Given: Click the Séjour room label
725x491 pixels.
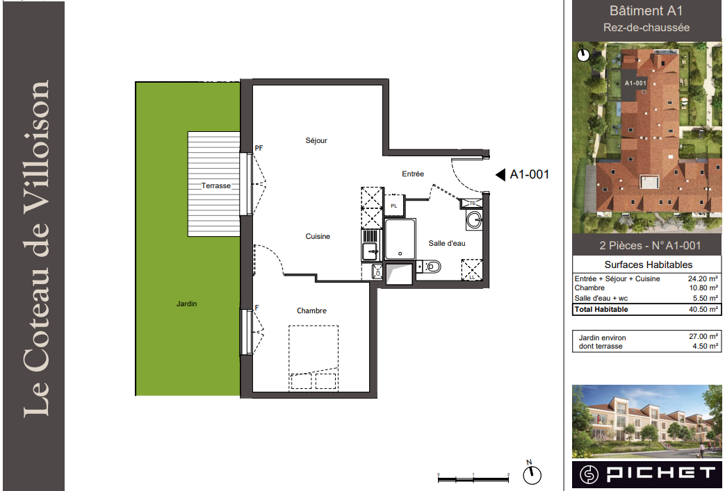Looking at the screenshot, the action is [316, 140].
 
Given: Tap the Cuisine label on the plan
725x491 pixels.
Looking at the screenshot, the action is [318, 237].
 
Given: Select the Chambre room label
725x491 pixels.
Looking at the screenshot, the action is [311, 311].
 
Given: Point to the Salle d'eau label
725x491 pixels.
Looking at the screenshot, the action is [447, 244].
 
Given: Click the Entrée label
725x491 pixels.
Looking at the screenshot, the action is [413, 174].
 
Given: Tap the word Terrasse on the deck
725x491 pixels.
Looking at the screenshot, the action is [216, 185].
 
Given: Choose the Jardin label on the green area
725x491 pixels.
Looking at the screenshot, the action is [187, 304].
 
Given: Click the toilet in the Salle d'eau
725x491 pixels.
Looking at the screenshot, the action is [430, 267].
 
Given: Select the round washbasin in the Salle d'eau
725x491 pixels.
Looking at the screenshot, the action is [474, 220].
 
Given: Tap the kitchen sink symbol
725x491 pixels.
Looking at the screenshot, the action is [370, 251].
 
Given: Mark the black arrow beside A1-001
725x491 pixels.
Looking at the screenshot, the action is [500, 174].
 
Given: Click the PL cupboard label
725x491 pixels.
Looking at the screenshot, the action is [394, 206].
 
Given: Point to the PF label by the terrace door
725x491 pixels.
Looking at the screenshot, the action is [259, 148].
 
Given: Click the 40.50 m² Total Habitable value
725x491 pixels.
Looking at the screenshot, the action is [703, 310].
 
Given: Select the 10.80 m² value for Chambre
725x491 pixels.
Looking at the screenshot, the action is [703, 288].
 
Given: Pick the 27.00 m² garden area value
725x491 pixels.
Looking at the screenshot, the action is [703, 337].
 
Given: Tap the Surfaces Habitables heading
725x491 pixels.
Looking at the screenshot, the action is [649, 265].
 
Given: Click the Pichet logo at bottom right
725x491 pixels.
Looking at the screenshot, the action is [646, 474].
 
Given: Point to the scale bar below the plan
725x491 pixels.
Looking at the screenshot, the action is [473, 479].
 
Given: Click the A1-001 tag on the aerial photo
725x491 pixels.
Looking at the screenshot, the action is [635, 83].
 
